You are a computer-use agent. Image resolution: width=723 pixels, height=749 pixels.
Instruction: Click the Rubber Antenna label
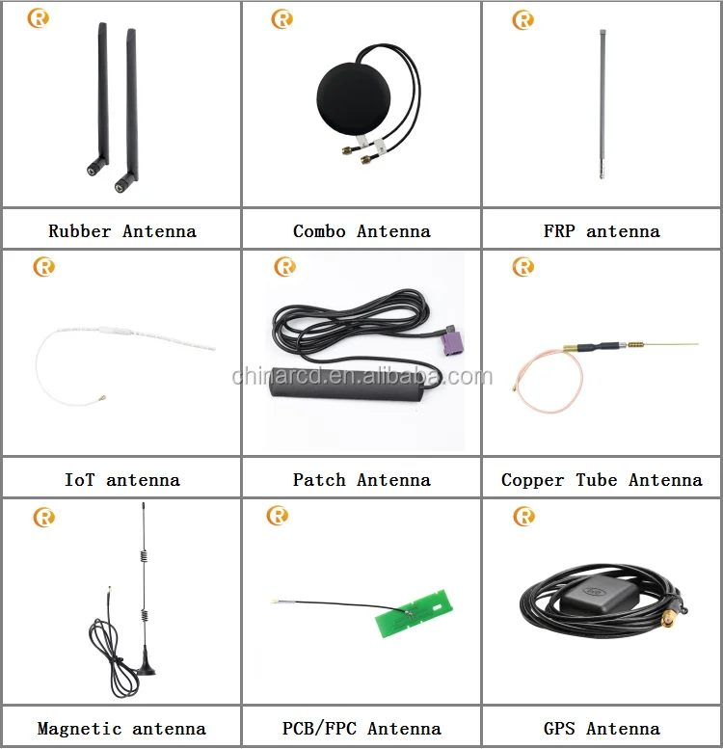[x=121, y=231]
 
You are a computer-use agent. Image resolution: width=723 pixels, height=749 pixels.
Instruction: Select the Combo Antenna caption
[x=361, y=231]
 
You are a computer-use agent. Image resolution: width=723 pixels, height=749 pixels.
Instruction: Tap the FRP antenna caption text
[x=602, y=231]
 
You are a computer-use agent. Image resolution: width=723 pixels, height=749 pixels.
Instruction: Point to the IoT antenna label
[x=121, y=480]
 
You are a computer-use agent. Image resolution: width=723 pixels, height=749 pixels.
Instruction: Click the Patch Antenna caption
[x=361, y=480]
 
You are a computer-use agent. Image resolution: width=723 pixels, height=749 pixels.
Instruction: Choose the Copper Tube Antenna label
[x=602, y=480]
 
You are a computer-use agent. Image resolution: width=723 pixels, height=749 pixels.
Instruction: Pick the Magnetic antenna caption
[x=121, y=729]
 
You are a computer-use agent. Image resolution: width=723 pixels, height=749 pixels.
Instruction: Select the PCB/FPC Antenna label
[x=361, y=729]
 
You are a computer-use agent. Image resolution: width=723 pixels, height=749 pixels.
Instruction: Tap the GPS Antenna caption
[x=602, y=729]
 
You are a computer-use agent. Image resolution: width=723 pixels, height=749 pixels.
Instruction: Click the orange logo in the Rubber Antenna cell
[x=38, y=18]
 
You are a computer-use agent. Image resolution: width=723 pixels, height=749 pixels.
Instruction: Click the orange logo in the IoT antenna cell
[x=43, y=267]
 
